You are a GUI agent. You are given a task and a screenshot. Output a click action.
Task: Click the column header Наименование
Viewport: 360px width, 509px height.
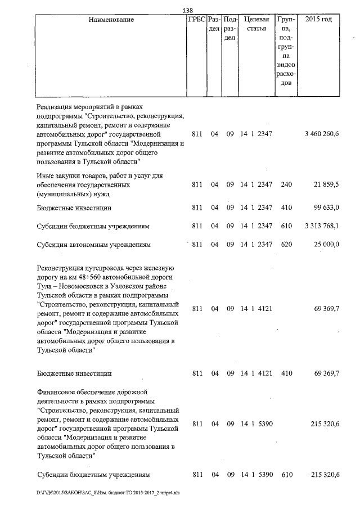pos(111,20)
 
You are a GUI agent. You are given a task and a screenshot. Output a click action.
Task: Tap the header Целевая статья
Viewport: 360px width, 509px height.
pos(256,24)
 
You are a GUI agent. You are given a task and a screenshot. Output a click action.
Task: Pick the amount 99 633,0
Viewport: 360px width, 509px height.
pos(326,208)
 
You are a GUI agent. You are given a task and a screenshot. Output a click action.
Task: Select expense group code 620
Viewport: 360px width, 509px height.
pos(286,245)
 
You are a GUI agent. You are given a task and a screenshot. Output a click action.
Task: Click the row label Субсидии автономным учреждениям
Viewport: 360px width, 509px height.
pos(93,245)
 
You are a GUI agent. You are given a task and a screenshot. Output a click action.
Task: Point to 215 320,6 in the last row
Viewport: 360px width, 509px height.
pos(325,475)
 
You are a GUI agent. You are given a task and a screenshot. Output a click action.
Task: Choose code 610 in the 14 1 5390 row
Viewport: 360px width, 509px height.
pos(286,475)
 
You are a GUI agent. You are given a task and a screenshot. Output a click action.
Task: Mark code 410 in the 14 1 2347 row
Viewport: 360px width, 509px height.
pos(286,208)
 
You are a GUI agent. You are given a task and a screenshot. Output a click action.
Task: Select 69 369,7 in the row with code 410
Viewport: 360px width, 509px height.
pos(326,373)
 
